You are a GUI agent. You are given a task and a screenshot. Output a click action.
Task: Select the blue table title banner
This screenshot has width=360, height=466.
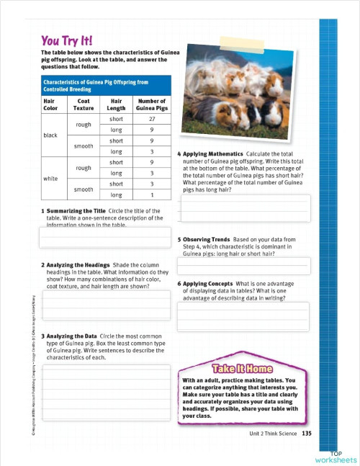tap(105, 86)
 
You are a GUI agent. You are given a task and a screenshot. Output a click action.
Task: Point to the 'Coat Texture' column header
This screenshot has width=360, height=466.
tap(83, 105)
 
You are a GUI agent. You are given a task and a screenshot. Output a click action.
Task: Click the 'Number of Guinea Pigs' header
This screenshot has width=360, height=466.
tap(152, 105)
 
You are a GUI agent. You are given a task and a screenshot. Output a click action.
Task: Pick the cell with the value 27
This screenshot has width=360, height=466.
tap(152, 119)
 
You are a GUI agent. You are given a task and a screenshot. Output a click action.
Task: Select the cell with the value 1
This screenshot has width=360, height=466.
tap(152, 195)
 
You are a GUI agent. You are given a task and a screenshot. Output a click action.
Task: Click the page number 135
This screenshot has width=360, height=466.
tap(307, 433)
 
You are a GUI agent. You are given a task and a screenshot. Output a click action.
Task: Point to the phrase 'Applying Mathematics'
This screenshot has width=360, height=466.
tap(213, 154)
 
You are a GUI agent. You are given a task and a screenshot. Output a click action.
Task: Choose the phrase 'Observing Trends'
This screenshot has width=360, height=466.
tap(208, 239)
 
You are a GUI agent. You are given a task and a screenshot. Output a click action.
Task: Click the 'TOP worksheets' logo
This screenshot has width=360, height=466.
tap(336, 457)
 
